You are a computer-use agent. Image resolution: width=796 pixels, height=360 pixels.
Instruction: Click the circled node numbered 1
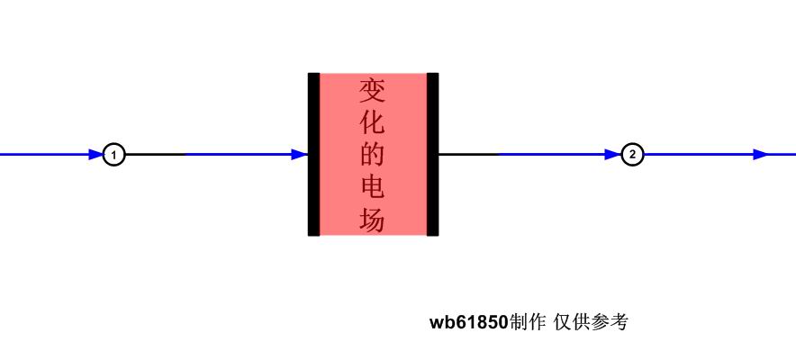point(113,155)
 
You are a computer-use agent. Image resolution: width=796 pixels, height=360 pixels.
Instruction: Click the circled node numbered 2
point(632,155)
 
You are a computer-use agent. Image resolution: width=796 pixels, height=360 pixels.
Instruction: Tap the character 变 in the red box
point(372,91)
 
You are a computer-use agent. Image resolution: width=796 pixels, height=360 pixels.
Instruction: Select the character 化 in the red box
point(372,122)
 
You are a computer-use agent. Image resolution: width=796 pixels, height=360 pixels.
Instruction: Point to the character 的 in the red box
point(372,155)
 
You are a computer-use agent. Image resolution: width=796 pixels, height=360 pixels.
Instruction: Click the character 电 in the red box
point(372,187)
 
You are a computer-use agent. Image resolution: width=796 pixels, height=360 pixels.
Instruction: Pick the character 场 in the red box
point(372,220)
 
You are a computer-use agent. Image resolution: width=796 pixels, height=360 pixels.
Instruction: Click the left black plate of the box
point(313,154)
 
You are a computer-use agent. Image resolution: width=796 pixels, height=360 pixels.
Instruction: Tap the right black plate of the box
point(432,154)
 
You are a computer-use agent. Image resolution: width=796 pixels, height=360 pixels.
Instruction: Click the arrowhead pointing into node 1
point(96,155)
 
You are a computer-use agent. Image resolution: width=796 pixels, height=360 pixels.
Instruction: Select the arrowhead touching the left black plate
point(300,155)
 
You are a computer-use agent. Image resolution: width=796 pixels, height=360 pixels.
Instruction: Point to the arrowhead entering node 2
point(613,155)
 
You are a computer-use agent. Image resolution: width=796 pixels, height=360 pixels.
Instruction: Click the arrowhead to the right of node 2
point(761,155)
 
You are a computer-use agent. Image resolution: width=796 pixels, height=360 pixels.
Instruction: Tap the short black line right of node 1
point(156,154)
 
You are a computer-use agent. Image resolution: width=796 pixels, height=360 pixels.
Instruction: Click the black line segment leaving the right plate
point(469,154)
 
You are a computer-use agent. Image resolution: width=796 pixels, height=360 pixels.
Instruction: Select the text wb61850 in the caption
point(468,322)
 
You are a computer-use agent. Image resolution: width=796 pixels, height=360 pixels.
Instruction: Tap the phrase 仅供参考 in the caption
point(591,322)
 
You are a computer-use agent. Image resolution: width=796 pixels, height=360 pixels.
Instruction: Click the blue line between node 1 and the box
point(239,154)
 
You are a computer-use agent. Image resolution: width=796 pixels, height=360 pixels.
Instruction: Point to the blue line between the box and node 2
point(552,154)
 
